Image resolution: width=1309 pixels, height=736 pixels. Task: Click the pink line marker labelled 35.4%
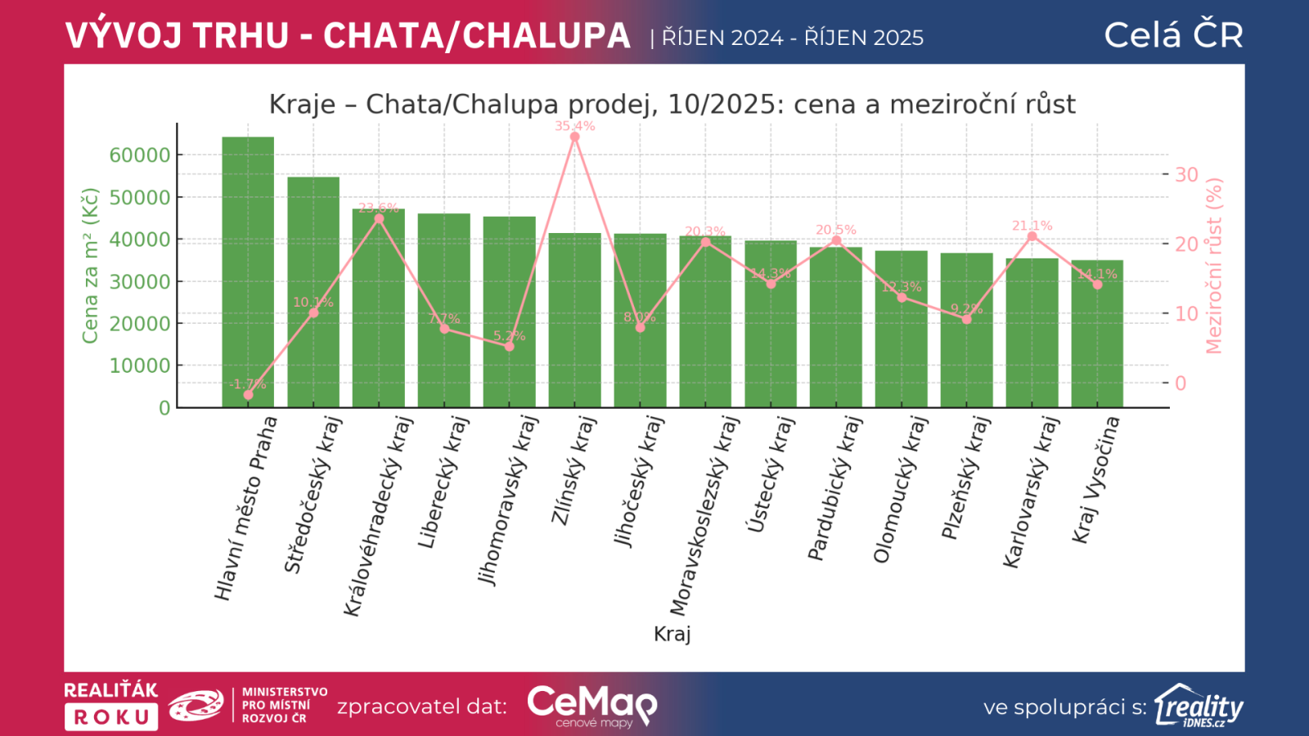574,137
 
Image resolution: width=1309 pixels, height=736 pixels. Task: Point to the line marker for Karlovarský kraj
1032,236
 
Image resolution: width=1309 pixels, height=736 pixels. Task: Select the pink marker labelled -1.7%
248,395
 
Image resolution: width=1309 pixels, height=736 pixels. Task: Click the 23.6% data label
378,208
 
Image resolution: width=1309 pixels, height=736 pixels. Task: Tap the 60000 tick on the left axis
140,155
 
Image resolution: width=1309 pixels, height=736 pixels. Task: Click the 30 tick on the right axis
1186,174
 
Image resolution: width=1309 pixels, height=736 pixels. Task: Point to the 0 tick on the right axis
1181,383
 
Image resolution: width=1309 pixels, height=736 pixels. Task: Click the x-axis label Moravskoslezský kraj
704,515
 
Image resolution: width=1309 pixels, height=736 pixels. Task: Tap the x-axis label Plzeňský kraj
966,478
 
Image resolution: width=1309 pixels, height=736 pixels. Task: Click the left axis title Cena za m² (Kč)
90,266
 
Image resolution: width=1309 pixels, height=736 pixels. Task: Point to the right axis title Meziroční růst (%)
1213,266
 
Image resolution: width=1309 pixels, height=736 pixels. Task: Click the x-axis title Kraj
672,634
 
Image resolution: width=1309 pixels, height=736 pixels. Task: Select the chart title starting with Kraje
672,105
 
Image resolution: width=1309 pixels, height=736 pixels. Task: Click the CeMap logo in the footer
592,706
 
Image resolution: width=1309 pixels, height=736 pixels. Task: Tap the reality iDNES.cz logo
1199,706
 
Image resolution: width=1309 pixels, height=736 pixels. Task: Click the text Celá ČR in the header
1173,35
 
